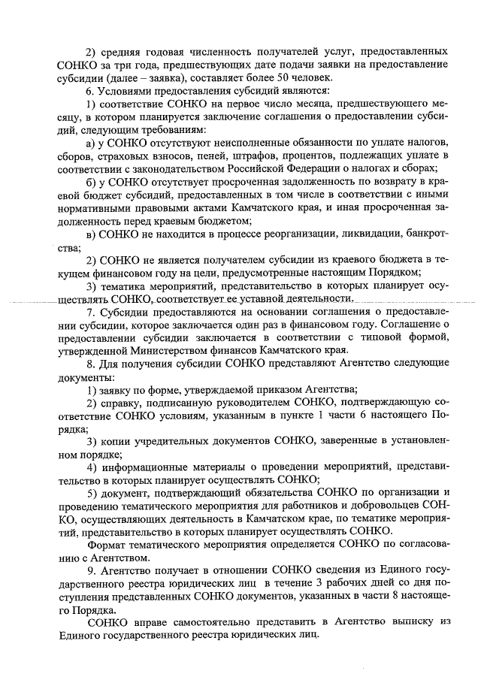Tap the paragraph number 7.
click(90, 312)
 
